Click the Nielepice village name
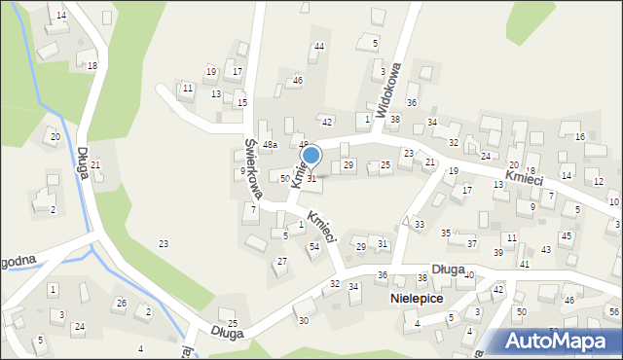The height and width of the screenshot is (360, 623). click(x=416, y=299)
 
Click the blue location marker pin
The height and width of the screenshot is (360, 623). click(x=311, y=155)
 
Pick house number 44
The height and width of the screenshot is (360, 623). click(x=318, y=47)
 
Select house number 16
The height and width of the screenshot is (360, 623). click(x=579, y=137)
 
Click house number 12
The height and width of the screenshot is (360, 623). click(x=598, y=182)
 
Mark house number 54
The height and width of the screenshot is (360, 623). click(x=313, y=247)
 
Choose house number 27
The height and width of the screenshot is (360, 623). click(x=281, y=261)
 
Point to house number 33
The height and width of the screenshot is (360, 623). click(x=419, y=225)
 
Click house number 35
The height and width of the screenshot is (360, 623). click(x=446, y=234)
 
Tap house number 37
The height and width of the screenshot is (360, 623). click(x=471, y=243)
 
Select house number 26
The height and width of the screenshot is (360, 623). click(x=121, y=304)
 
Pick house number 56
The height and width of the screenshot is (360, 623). click(x=612, y=311)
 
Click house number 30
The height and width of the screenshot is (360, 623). click(x=303, y=321)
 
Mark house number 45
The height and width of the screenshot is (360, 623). click(x=566, y=236)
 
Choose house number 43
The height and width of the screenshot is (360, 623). click(x=545, y=249)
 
